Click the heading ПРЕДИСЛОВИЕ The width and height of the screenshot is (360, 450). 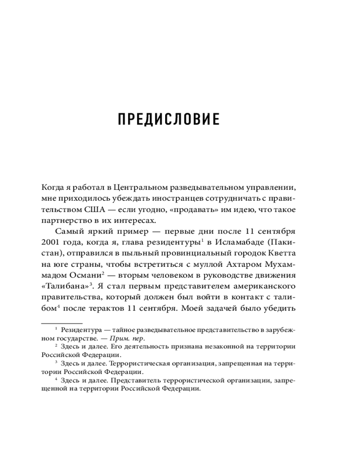pyautogui.click(x=168, y=120)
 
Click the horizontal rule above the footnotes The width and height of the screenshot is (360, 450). pyautogui.click(x=62, y=323)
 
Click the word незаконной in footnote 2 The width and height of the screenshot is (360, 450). pyautogui.click(x=236, y=347)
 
